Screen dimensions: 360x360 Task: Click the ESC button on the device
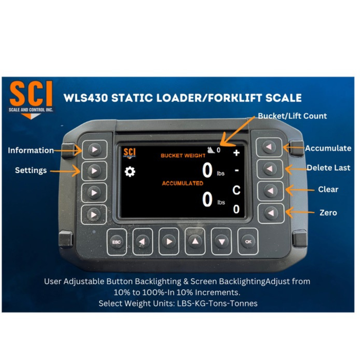pos(117,241)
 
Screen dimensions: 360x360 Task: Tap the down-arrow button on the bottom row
pos(222,241)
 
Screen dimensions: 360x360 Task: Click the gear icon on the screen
pos(130,172)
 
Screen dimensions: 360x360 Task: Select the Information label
pos(31,150)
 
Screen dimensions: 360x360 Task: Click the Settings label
pos(31,170)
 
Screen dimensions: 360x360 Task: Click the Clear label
pos(328,189)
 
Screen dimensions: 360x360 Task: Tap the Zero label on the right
pos(328,212)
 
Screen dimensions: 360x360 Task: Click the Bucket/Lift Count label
pos(292,116)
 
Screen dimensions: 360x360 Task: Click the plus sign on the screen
pos(236,153)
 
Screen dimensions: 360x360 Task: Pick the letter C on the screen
pos(236,190)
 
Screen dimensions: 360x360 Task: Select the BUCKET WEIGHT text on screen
pos(183,155)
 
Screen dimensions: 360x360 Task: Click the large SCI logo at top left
pos(31,96)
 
